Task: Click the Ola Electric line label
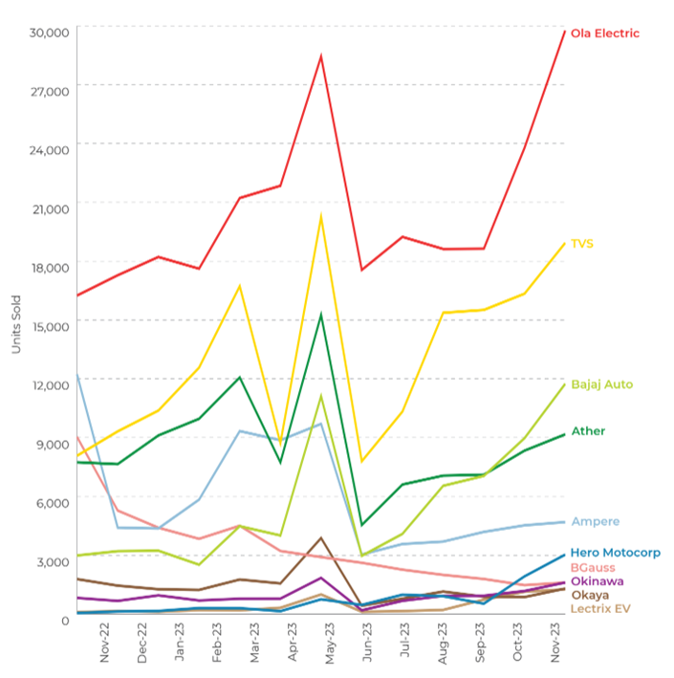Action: point(605,33)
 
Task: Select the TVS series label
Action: point(582,244)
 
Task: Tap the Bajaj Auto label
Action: point(601,384)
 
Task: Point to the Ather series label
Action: point(588,431)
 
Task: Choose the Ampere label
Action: point(595,522)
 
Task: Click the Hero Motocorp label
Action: point(615,553)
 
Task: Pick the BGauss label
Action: point(593,567)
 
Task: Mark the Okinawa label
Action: point(598,581)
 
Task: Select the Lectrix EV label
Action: point(598,608)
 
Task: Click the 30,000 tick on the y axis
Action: point(50,33)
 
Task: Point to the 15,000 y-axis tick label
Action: point(50,326)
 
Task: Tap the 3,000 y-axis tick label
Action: point(53,560)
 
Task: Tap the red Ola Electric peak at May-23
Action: point(321,55)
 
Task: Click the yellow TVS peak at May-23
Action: point(321,215)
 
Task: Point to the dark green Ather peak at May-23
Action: point(321,315)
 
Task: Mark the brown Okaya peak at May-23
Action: point(322,537)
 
